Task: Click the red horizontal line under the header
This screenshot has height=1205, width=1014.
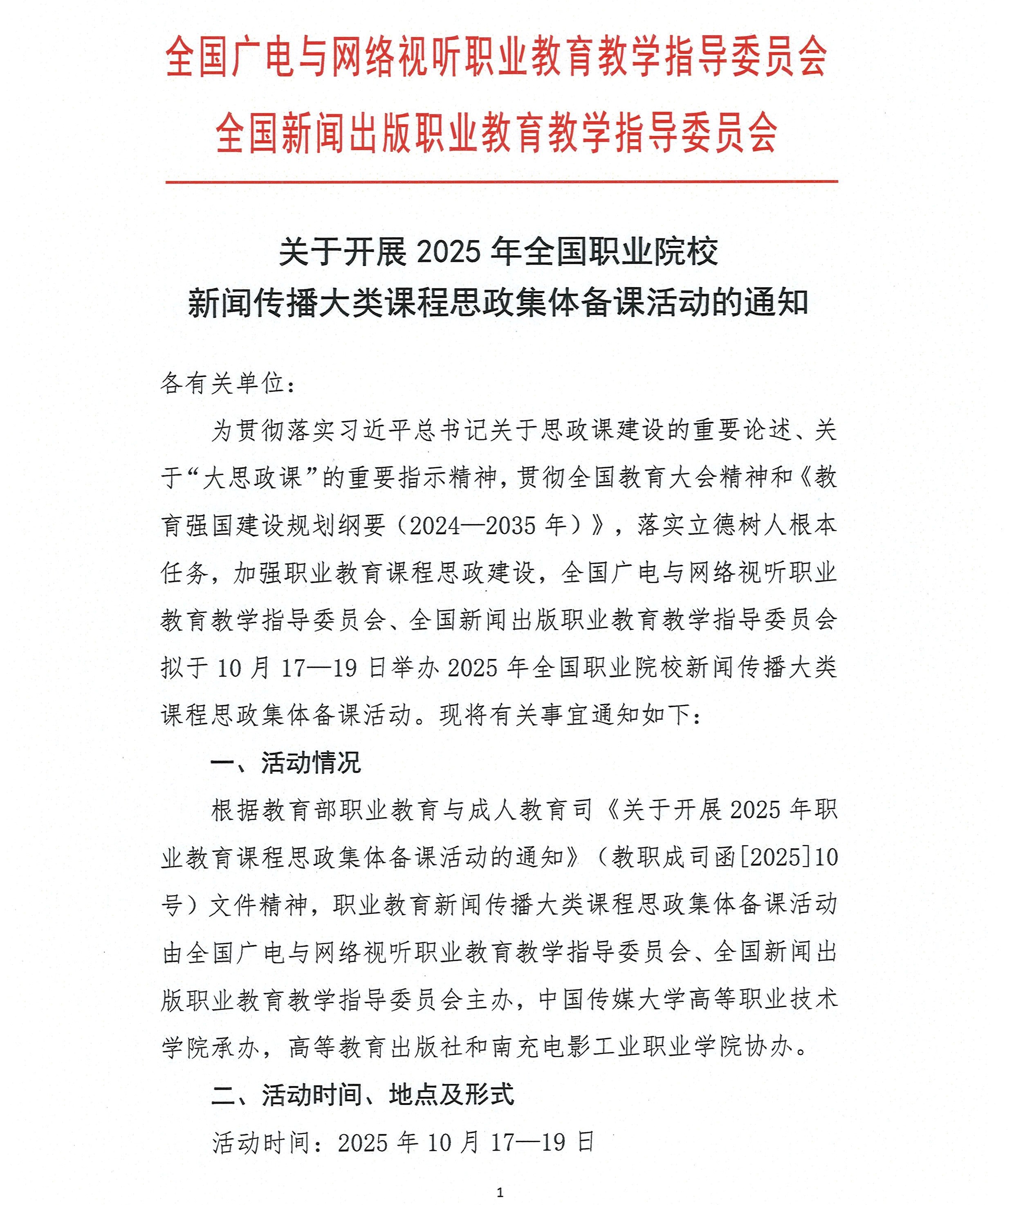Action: [x=501, y=182]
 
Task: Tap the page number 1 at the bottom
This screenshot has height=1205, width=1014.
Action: [x=500, y=1192]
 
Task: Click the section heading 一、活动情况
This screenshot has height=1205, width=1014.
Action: [x=286, y=763]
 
